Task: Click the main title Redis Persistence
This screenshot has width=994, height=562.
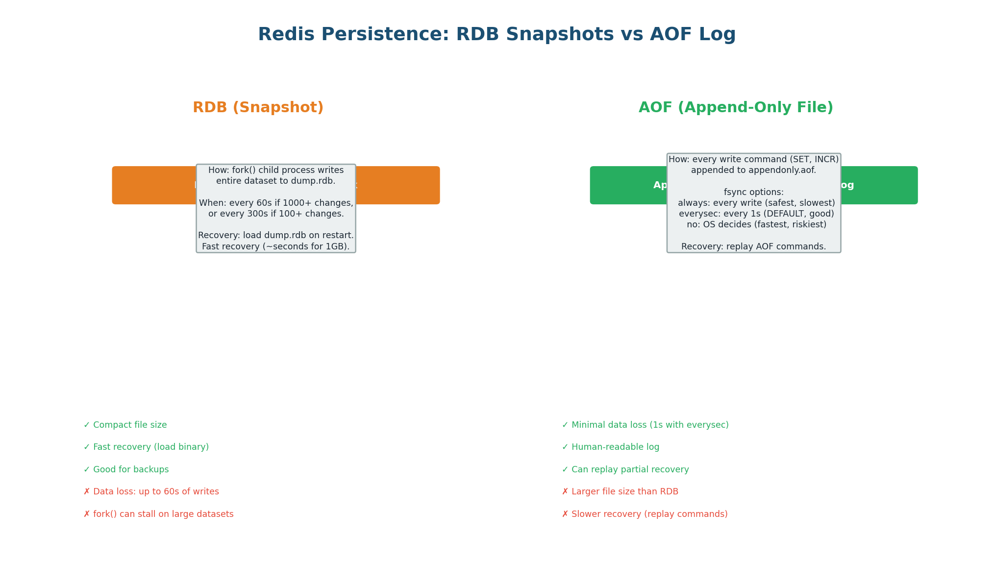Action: (497, 34)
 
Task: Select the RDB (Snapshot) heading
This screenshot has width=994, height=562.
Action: (258, 107)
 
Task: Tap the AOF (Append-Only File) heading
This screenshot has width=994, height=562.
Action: (736, 107)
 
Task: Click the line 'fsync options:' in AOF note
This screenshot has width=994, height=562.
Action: (753, 192)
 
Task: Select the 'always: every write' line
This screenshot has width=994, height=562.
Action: (756, 203)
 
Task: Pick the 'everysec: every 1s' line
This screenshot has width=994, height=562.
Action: (756, 214)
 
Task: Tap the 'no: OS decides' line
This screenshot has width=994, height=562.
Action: (756, 224)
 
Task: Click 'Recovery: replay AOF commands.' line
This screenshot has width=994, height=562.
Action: (753, 246)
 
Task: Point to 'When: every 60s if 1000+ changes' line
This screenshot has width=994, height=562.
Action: (276, 203)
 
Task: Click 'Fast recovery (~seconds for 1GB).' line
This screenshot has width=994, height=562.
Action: (276, 246)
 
